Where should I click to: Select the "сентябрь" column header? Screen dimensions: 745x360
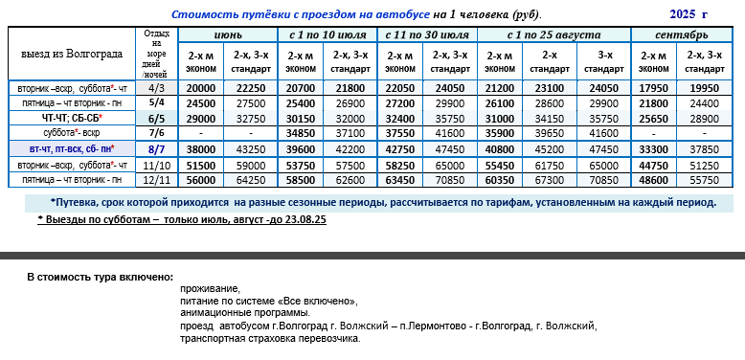pos(683,34)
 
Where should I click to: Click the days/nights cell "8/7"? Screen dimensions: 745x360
pos(157,148)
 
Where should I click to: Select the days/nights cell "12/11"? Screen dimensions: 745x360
pos(157,179)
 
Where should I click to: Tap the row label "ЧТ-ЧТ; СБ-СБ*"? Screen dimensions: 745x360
pos(71,117)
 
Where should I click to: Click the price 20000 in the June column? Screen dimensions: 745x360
pos(201,87)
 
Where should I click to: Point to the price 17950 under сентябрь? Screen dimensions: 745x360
pos(654,87)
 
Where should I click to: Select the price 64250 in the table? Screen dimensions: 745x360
pos(251,179)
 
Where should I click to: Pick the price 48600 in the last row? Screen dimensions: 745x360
pos(654,179)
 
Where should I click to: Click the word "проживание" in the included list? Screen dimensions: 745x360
pos(209,288)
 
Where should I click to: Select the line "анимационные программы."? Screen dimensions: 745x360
pos(244,313)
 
